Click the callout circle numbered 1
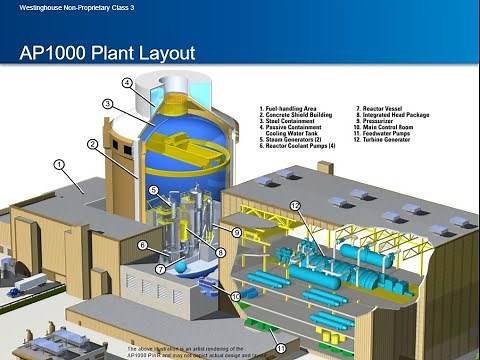59,163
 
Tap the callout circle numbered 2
92,144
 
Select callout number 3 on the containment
108,104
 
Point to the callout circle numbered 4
128,82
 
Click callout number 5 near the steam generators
153,190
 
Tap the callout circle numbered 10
237,296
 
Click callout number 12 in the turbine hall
295,206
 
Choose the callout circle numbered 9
237,232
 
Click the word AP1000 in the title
55,52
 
